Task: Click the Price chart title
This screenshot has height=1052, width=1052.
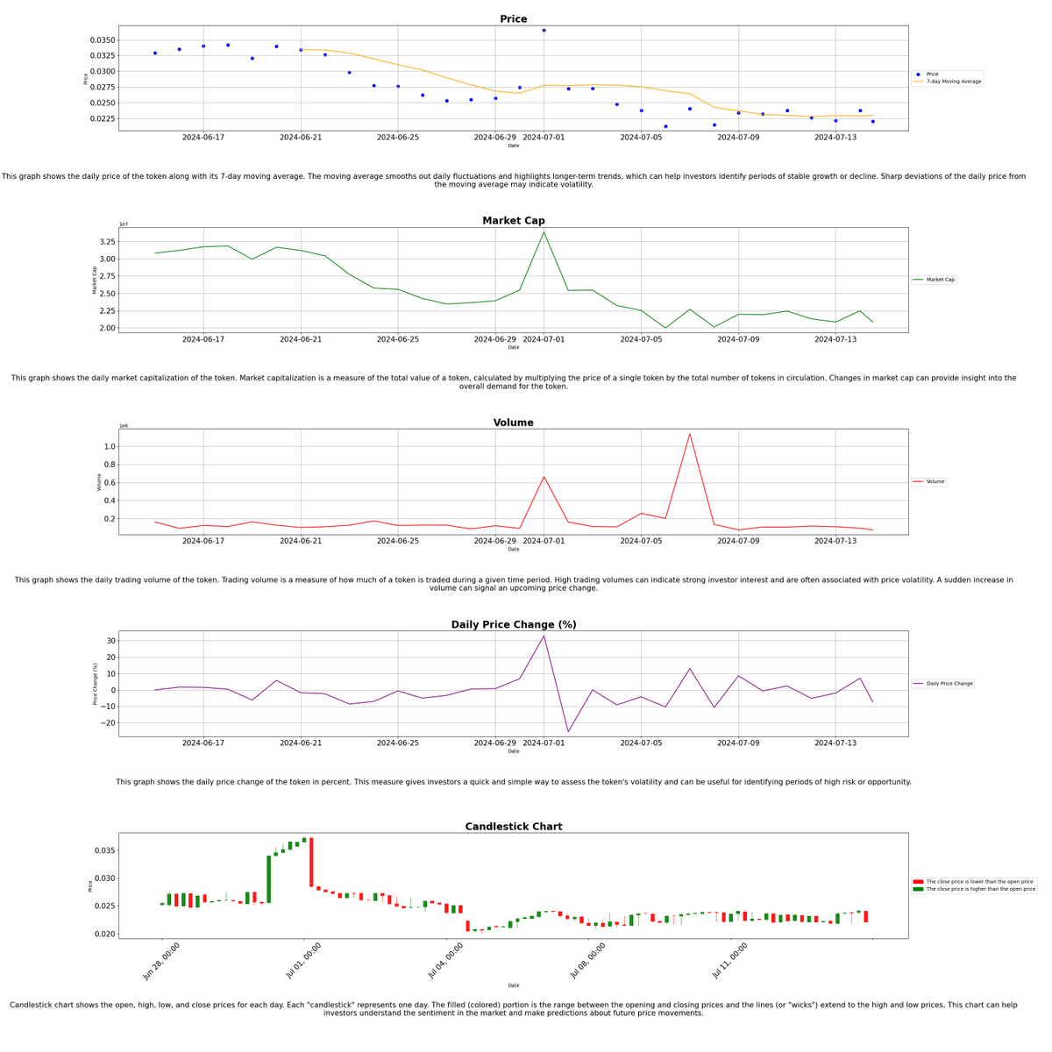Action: coord(513,19)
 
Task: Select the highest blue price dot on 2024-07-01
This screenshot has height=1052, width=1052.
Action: coord(544,31)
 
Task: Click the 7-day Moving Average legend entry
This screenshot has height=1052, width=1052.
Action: coord(953,82)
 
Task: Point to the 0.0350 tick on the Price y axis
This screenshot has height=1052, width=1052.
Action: coord(103,40)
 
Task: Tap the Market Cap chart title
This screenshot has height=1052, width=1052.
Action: coord(513,221)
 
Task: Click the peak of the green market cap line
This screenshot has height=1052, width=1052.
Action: coord(544,232)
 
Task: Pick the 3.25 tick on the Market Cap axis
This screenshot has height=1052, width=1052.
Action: coord(107,242)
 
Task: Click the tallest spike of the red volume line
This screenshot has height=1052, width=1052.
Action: coord(690,434)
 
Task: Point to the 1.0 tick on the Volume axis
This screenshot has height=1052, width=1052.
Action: coord(110,446)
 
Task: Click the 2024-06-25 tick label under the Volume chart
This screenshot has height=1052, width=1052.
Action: coord(398,541)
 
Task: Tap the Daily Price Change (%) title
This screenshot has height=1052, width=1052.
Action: coord(513,625)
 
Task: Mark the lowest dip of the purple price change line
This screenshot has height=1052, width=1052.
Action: coord(568,732)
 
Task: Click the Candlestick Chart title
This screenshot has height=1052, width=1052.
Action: coord(513,827)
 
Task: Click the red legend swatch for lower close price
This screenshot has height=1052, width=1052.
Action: coord(918,882)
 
